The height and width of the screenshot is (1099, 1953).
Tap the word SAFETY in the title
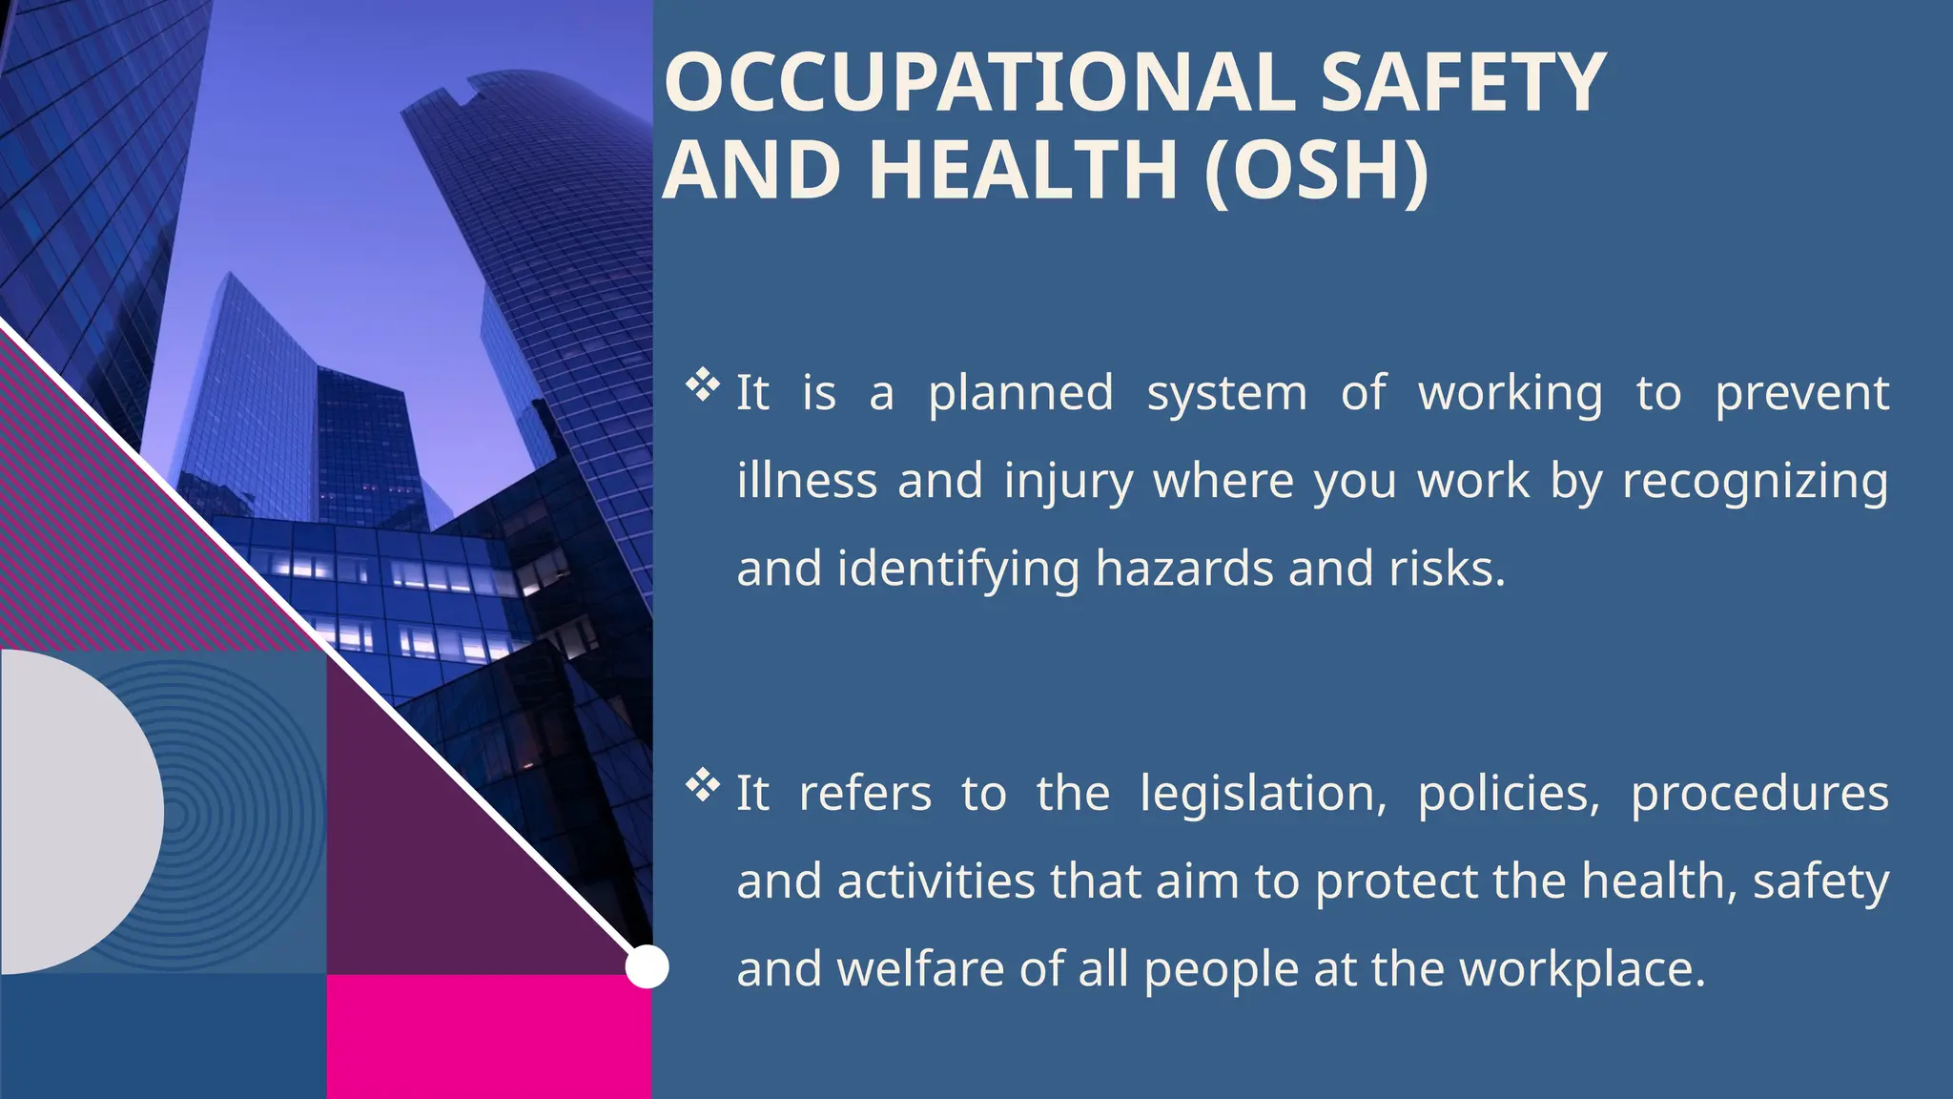click(1463, 83)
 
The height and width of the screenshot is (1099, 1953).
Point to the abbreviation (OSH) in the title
click(1316, 171)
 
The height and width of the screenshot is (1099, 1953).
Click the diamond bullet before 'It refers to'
click(703, 785)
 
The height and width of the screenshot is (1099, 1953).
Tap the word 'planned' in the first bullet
click(1020, 394)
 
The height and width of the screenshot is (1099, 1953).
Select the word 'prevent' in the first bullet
click(1801, 394)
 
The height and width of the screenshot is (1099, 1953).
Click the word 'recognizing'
click(1755, 482)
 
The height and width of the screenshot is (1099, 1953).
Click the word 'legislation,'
click(1263, 795)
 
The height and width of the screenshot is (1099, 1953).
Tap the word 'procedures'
click(1759, 795)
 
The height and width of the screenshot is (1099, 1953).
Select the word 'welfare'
click(919, 970)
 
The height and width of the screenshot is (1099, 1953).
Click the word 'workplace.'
click(1582, 970)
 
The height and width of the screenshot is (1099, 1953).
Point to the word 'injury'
click(1068, 482)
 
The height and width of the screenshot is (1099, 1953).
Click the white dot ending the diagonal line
click(647, 967)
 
